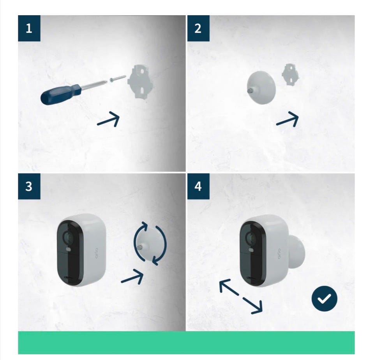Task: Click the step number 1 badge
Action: [29, 28]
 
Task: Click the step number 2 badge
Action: [198, 28]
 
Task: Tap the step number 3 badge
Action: [29, 186]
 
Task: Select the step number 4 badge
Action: [198, 186]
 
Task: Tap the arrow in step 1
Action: [108, 119]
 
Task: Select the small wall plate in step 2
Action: [291, 74]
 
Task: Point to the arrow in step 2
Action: [287, 119]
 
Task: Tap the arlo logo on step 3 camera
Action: [96, 253]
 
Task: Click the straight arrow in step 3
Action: [132, 277]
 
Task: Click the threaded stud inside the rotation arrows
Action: [141, 247]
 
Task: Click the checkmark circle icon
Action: [325, 299]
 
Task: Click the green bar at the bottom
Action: [186, 342]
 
